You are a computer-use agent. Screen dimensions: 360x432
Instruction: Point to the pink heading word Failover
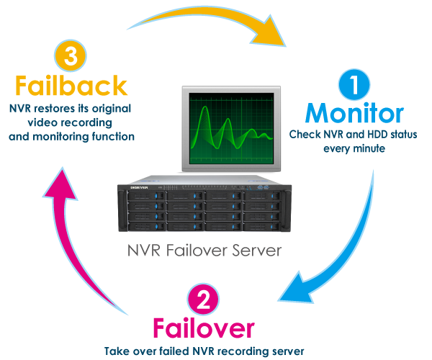(x=203, y=329)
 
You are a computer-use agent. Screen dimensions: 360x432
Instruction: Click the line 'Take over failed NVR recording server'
(x=204, y=351)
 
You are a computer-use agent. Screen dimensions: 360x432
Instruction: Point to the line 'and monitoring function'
(x=72, y=135)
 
